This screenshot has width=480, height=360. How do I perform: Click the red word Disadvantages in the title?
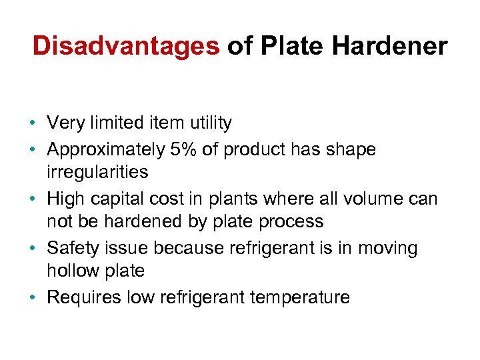pyautogui.click(x=125, y=46)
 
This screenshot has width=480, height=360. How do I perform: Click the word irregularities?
pyautogui.click(x=97, y=172)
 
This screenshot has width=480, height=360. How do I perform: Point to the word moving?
pyautogui.click(x=388, y=248)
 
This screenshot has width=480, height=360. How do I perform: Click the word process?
pyautogui.click(x=293, y=222)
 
